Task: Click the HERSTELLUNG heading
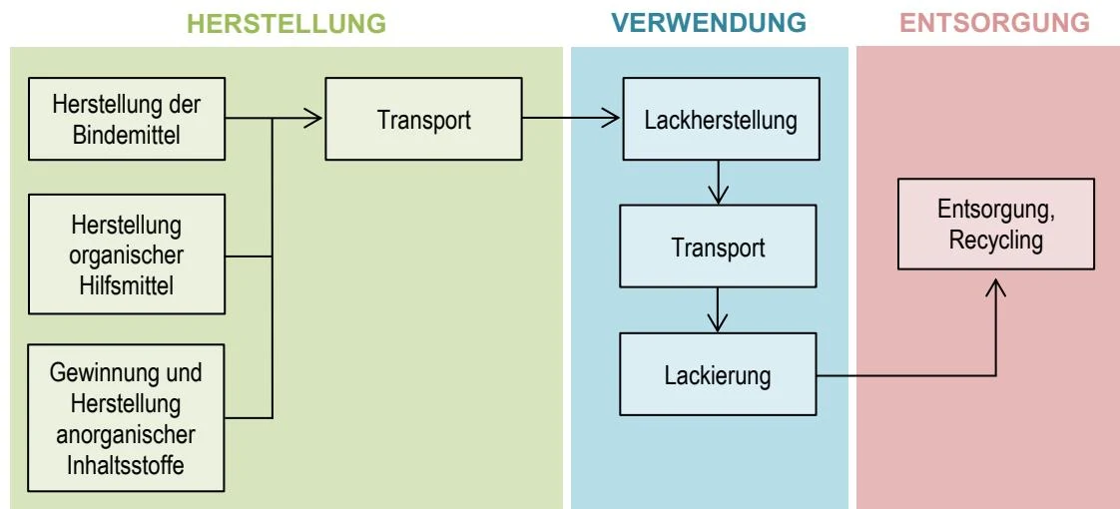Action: click(286, 24)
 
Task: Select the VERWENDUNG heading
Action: click(709, 24)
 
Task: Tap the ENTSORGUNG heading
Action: click(995, 24)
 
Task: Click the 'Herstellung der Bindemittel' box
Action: click(127, 119)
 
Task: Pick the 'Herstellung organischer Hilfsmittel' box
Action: click(127, 254)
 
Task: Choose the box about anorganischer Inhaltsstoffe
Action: click(127, 417)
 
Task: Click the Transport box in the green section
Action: click(423, 119)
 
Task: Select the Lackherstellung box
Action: click(722, 119)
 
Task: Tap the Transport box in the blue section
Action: click(718, 247)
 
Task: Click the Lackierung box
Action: click(718, 374)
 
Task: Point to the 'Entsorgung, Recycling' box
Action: click(995, 225)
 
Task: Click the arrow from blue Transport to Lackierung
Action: click(718, 309)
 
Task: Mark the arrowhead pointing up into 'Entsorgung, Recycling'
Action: click(995, 287)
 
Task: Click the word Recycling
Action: click(995, 240)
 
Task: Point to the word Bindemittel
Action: click(127, 134)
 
